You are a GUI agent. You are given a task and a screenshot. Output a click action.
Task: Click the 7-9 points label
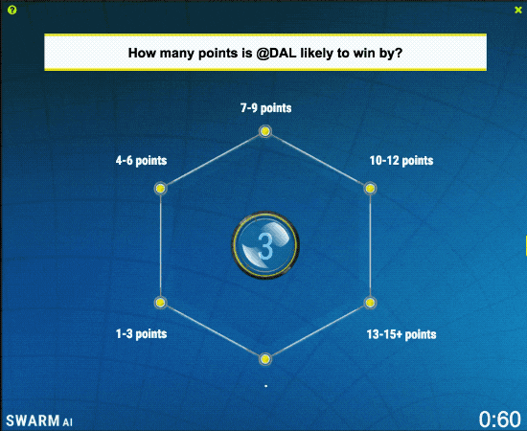tap(265, 108)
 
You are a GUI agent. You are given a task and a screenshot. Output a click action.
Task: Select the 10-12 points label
tap(401, 161)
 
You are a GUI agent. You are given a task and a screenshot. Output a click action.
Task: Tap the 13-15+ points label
tap(401, 334)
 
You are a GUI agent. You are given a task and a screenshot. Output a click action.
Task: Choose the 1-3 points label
tap(141, 334)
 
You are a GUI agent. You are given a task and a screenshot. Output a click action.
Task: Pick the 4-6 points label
tap(141, 161)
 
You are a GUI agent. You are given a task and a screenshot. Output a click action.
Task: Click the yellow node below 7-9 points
tap(265, 131)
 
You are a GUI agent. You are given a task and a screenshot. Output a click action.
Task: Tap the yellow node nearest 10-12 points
tap(370, 188)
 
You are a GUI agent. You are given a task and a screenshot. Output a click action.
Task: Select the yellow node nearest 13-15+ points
tap(370, 303)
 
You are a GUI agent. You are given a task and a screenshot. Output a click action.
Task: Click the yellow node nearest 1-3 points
tap(160, 303)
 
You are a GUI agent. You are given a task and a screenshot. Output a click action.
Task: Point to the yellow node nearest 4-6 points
tap(160, 188)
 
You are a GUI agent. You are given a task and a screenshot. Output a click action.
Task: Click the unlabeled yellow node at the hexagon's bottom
tap(265, 359)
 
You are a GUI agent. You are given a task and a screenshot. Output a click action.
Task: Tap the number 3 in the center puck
tap(265, 246)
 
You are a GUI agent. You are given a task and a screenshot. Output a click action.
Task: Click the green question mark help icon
tap(11, 11)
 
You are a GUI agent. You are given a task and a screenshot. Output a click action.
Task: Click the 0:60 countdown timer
tap(500, 420)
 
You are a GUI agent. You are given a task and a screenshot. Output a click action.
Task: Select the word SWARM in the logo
tap(33, 420)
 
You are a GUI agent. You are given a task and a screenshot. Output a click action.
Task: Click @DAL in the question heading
tap(276, 53)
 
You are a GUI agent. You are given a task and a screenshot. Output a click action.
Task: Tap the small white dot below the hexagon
tap(265, 386)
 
